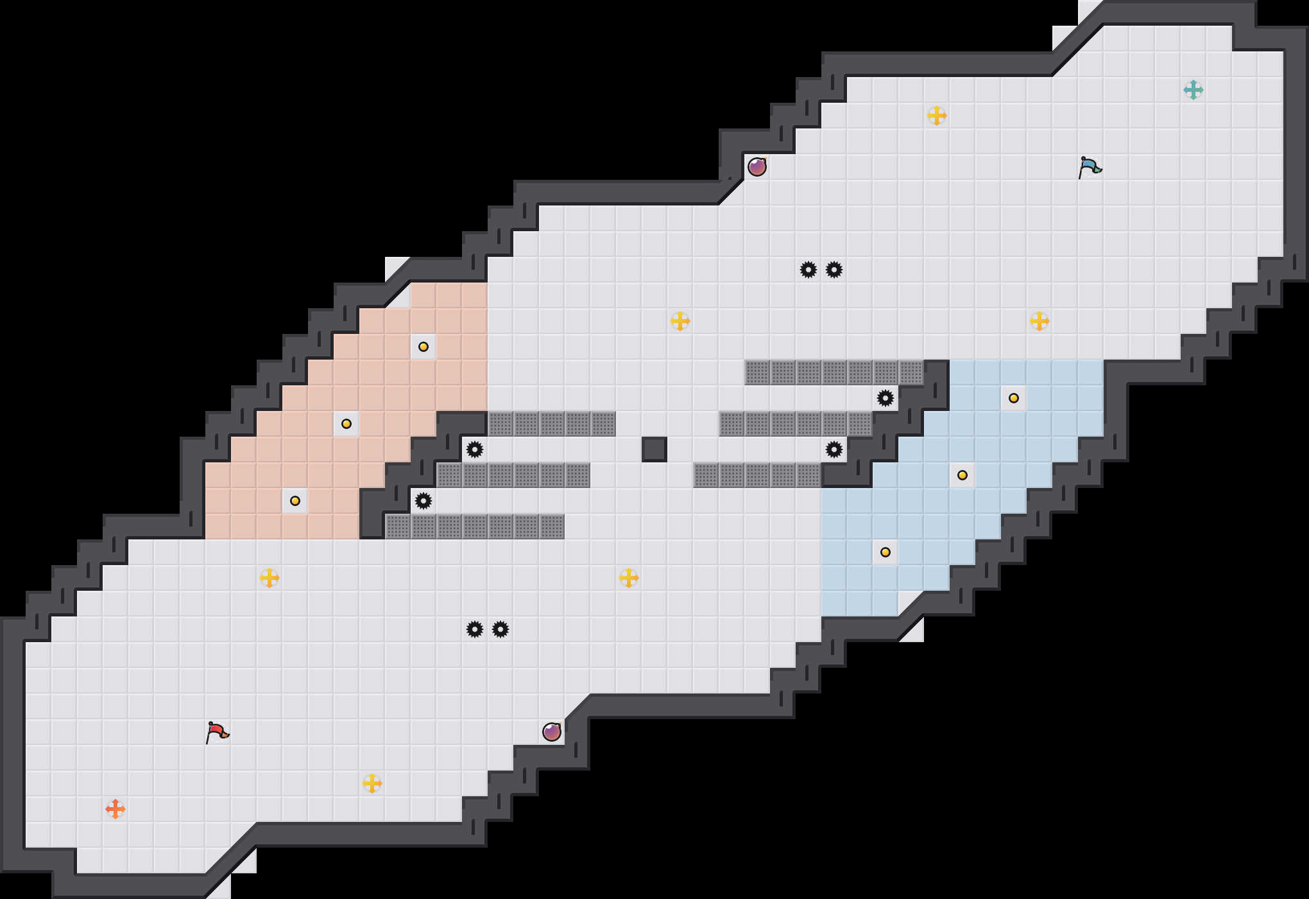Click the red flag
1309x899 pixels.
pos(217,732)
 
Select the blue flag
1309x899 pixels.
pos(1090,167)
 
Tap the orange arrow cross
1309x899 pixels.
pos(116,808)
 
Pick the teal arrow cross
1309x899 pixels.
pos(1193,90)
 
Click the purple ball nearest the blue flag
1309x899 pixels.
pos(757,167)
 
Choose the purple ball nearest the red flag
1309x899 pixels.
pos(552,731)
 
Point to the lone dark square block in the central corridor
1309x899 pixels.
pos(654,449)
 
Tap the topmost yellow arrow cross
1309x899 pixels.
pos(937,116)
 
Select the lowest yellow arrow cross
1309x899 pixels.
pos(372,783)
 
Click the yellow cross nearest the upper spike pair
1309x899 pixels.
pos(680,320)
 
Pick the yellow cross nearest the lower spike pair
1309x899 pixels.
pos(629,577)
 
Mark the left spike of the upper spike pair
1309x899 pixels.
pos(809,270)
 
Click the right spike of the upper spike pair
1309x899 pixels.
pos(834,270)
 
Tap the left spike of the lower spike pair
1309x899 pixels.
pos(475,629)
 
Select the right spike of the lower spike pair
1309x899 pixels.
pos(501,629)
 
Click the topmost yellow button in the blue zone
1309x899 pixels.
pos(1014,398)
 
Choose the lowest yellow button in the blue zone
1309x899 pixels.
pos(886,552)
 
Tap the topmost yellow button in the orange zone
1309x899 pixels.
pos(424,347)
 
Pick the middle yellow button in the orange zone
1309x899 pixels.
pos(346,424)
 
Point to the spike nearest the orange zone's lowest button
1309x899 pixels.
pos(424,501)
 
